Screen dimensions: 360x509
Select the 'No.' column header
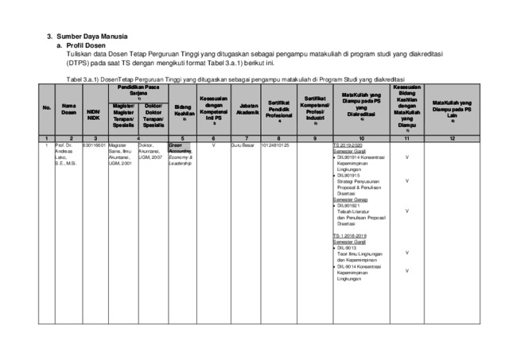tap(47, 107)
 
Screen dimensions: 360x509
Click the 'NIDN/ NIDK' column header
tap(93, 114)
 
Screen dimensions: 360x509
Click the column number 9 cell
tap(314, 138)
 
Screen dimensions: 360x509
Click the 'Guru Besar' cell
tap(242, 146)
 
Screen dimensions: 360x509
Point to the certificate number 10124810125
tap(275, 146)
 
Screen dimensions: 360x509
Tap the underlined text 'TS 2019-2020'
tap(350, 146)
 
